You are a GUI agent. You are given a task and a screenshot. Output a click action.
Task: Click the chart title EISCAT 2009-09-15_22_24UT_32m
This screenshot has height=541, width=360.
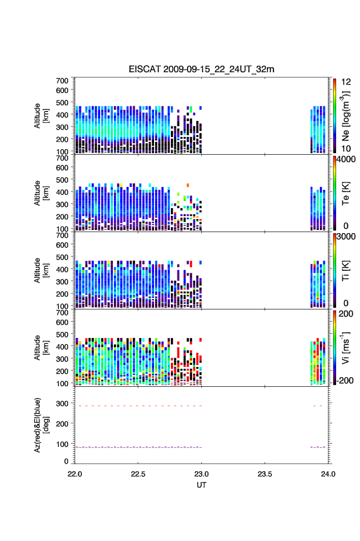tap(201, 69)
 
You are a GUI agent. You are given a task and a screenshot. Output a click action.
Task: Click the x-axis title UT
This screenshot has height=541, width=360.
tap(201, 485)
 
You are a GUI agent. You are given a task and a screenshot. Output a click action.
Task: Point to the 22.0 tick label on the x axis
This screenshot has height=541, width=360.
tap(75, 473)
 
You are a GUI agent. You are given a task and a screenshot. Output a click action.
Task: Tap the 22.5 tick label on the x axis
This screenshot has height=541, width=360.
tap(138, 473)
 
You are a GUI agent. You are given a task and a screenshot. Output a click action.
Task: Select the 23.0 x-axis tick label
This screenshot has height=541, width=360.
tap(202, 473)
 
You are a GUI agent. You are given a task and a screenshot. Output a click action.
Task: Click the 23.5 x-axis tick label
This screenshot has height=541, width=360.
tap(265, 473)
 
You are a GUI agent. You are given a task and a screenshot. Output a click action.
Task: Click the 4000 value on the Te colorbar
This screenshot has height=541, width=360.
tap(345, 159)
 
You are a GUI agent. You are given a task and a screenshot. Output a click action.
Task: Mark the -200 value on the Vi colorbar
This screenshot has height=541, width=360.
tap(345, 381)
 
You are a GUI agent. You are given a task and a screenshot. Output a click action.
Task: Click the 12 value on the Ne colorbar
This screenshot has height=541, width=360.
tap(341, 82)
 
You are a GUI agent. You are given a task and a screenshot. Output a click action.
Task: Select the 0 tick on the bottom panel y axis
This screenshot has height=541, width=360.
tap(67, 461)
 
